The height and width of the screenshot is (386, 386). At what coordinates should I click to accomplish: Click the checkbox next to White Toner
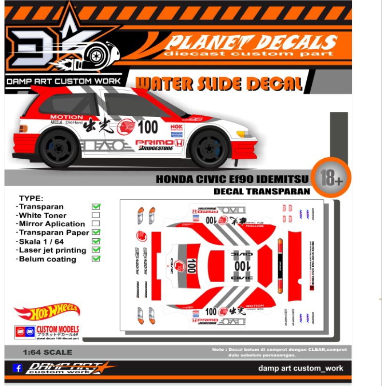96,215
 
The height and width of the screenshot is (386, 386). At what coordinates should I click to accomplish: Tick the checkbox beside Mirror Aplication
96,224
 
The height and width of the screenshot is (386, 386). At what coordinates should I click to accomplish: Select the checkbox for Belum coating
96,259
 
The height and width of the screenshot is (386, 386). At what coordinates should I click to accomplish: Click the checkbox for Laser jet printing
96,250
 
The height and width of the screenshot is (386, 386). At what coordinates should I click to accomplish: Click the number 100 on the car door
148,127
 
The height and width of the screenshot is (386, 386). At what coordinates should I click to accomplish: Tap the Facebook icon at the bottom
17,368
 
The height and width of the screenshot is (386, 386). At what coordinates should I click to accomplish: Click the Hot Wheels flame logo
47,313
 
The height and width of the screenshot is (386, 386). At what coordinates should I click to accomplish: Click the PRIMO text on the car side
153,142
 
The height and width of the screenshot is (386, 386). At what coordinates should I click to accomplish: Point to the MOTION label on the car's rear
67,117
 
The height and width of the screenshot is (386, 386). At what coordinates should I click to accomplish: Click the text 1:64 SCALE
47,352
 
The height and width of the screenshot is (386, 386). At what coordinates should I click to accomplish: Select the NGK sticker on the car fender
177,127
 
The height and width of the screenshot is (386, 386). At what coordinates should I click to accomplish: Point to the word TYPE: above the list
31,198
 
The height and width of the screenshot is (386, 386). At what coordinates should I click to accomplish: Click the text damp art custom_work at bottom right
301,368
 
